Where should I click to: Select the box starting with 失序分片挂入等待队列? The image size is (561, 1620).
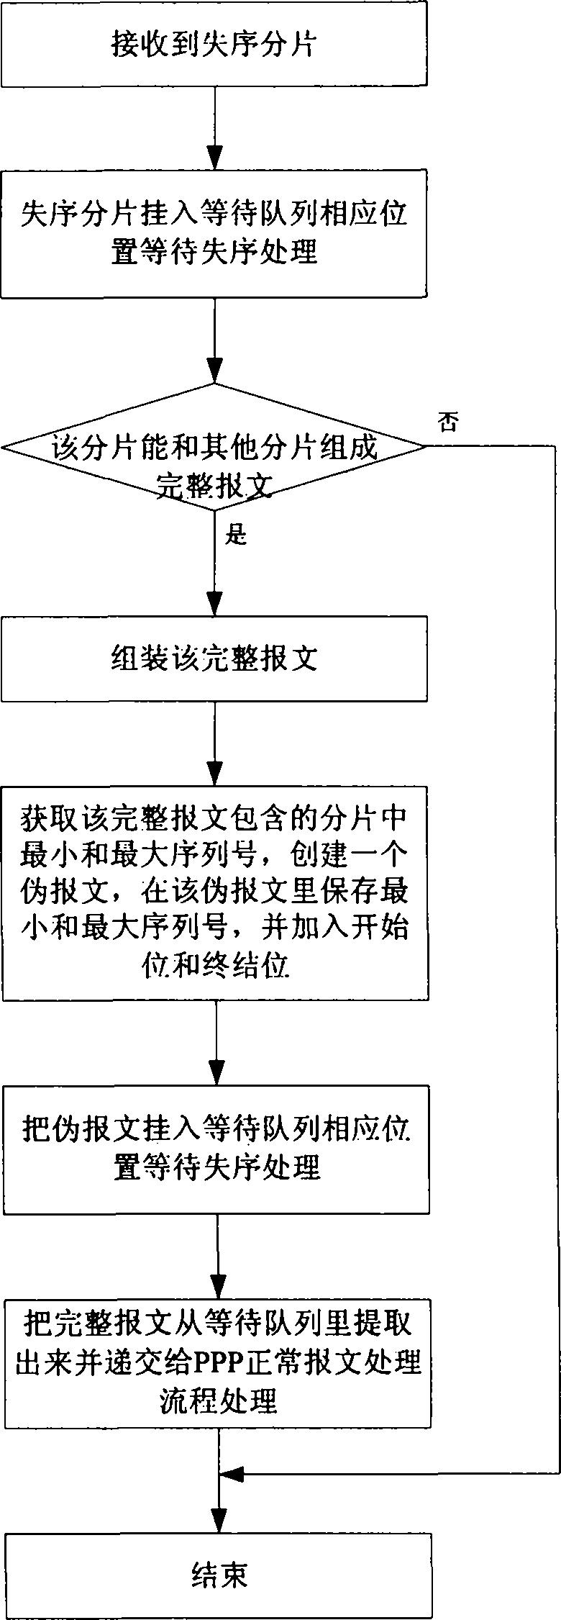pos(214,234)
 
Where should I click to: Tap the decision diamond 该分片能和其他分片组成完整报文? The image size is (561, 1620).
pos(214,447)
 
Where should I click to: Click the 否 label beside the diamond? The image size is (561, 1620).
pos(448,422)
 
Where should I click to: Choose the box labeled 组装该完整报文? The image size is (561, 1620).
pos(214,659)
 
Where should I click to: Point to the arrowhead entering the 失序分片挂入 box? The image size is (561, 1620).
pos(214,158)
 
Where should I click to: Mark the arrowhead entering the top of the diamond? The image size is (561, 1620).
pos(214,371)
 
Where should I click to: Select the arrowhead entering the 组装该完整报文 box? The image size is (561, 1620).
pos(214,605)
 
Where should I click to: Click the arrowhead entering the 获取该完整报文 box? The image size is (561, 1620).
pos(215,774)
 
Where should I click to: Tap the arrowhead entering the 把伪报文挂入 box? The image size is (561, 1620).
pos(216,1074)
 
